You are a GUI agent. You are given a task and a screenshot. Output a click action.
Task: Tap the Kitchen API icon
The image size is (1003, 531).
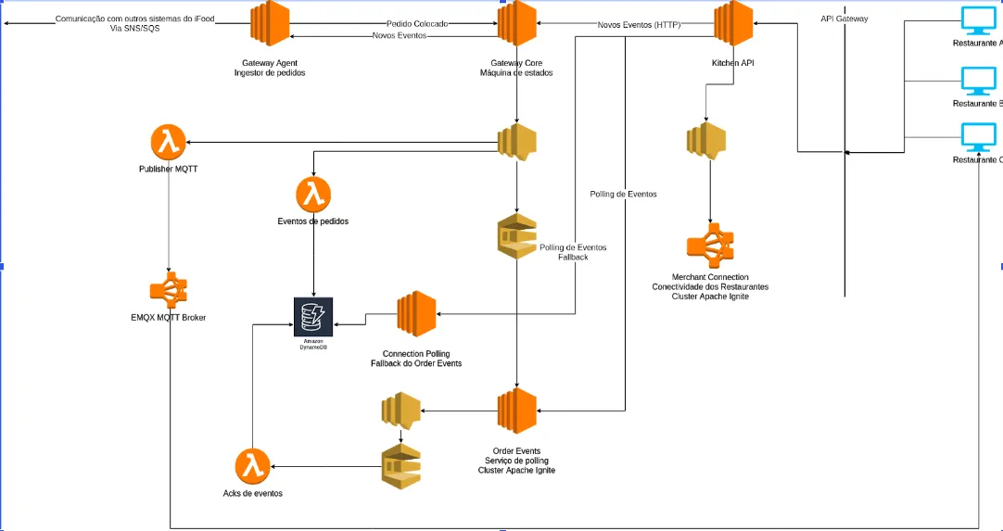click(x=732, y=22)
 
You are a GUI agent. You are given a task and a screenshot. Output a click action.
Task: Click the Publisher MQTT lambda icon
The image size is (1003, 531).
click(x=169, y=144)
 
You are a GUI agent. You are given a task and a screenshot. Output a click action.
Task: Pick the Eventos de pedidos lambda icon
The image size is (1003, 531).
click(x=313, y=196)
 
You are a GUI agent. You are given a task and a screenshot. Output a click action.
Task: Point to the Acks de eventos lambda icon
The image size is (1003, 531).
click(x=252, y=467)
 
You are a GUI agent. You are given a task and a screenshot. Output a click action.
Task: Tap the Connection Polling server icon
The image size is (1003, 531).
click(x=417, y=314)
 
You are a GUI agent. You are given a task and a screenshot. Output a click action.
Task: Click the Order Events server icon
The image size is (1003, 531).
click(x=517, y=410)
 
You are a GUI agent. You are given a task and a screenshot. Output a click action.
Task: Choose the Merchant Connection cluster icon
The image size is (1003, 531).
click(x=709, y=246)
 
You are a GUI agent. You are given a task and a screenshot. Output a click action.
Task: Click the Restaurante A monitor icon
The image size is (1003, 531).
click(x=977, y=21)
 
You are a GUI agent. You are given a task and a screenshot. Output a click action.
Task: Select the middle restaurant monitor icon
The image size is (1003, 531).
click(x=977, y=81)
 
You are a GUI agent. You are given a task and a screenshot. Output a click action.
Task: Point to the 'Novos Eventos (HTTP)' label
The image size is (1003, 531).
click(x=640, y=25)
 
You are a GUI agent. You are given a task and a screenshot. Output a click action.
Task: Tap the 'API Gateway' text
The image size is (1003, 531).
click(x=844, y=19)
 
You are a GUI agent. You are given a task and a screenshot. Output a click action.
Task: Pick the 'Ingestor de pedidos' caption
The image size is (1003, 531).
click(x=270, y=72)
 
